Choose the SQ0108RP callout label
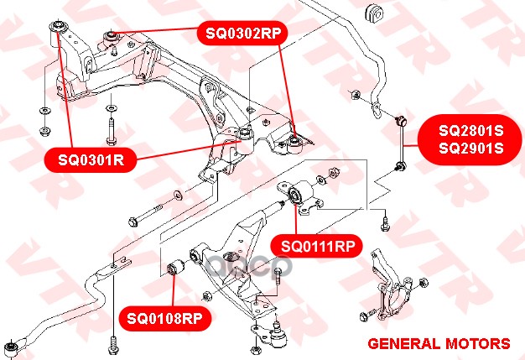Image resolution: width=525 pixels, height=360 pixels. [164, 318]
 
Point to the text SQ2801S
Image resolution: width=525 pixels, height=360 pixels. [471, 130]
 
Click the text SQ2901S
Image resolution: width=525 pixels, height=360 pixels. [471, 149]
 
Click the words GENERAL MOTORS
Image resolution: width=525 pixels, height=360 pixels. [439, 344]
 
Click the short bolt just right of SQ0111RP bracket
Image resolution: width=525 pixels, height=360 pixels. [384, 223]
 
